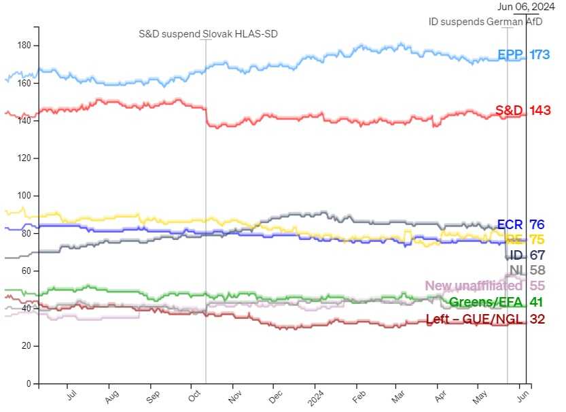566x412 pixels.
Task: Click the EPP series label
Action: coord(510,55)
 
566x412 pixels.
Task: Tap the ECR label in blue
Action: coord(511,224)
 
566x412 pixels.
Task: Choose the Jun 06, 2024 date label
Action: coord(518,7)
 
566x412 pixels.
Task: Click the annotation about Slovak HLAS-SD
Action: coord(209,33)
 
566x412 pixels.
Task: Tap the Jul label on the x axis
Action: coord(71,394)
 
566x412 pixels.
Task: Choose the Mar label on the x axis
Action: coord(398,394)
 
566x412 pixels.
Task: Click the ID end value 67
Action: coord(537,256)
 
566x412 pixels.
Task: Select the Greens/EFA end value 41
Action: coord(537,303)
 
